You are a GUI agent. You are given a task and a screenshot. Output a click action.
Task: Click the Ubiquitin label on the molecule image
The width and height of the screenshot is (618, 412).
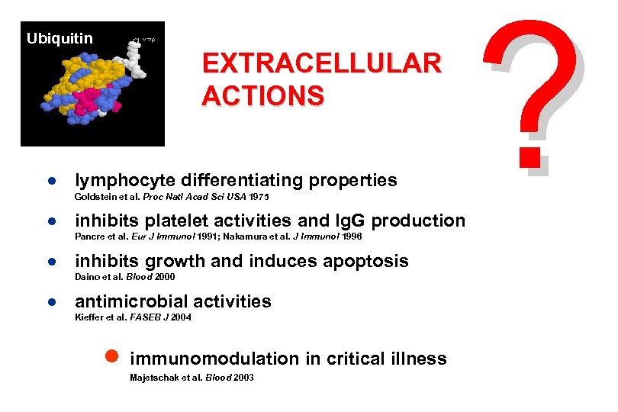tap(60, 38)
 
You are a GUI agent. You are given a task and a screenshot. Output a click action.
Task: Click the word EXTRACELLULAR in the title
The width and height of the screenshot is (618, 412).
tap(321, 63)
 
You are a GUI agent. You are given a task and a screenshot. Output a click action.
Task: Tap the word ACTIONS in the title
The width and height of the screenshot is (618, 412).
tap(262, 95)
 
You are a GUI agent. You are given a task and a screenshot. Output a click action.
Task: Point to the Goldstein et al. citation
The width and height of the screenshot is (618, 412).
tap(172, 198)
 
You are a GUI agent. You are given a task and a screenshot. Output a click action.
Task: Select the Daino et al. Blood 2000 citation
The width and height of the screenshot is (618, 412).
tap(119, 277)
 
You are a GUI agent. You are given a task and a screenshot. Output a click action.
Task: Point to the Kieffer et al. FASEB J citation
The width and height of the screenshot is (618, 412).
tap(133, 317)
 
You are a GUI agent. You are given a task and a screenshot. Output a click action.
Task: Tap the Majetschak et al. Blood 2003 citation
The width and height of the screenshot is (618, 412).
tap(192, 378)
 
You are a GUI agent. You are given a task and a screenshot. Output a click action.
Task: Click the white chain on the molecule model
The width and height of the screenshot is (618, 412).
tap(138, 59)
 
